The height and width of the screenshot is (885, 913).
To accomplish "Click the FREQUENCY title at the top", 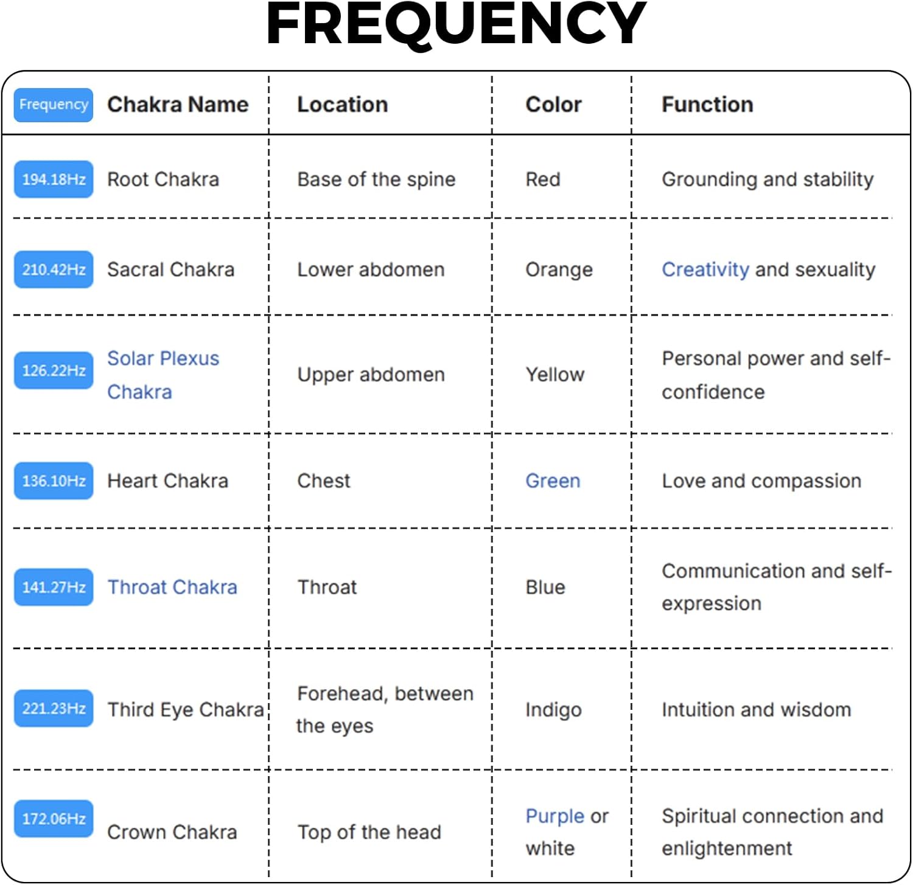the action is tap(456, 24).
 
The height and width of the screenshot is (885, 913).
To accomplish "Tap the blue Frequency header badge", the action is tap(54, 105).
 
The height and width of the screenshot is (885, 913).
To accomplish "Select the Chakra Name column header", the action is tap(178, 105).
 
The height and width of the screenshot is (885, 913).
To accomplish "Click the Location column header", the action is tap(342, 105).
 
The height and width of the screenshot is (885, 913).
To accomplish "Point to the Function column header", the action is tap(707, 105).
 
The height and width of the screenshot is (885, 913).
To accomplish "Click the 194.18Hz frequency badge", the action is tap(54, 179).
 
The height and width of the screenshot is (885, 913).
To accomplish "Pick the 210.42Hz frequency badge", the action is tap(54, 269).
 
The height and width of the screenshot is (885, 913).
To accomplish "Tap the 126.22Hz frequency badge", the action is tap(54, 370).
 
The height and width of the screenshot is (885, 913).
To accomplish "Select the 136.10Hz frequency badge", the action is tap(54, 481).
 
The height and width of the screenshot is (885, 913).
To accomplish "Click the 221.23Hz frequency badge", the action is tap(54, 709).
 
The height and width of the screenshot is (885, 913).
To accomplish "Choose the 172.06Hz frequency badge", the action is tap(54, 819).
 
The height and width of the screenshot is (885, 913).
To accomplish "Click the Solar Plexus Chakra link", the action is tap(163, 375).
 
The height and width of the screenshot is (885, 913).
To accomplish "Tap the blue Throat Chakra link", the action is tap(172, 587).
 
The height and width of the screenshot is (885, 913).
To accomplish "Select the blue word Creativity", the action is tap(705, 269).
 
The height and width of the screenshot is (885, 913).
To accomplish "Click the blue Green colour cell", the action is tap(553, 481).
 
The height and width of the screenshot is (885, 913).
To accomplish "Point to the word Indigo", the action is tap(553, 710).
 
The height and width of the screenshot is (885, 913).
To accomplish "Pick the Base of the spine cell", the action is tap(376, 179).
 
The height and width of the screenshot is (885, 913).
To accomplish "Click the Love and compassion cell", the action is tap(761, 481).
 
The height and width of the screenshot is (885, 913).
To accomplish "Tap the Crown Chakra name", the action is tap(172, 832).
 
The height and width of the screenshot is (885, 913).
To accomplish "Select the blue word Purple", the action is tap(554, 817).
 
